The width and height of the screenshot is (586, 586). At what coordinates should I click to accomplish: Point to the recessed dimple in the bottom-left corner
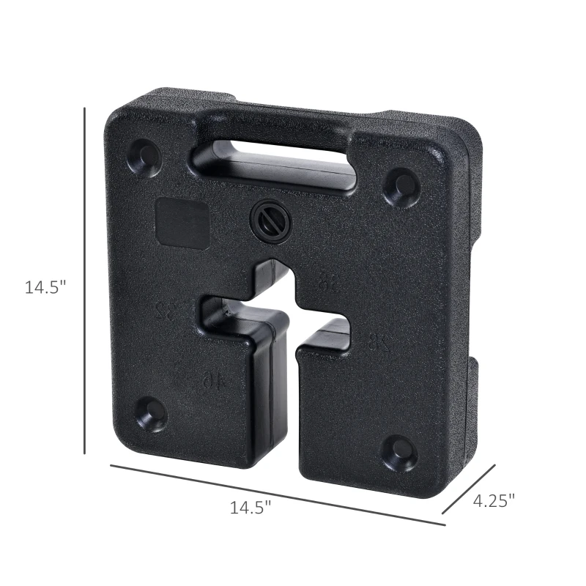[152, 414]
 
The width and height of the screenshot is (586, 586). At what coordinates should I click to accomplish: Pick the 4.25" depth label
[494, 500]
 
